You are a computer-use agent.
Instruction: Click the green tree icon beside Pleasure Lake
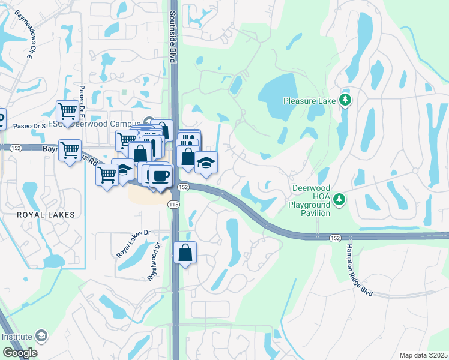tap(345, 100)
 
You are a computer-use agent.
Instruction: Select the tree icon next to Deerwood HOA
tap(339, 198)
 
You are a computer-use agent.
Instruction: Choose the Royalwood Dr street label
tap(154, 262)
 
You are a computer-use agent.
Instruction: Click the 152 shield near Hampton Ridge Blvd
tap(335, 238)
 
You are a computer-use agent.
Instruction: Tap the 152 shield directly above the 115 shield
tap(184, 188)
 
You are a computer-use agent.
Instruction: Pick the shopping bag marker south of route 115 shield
tap(185, 253)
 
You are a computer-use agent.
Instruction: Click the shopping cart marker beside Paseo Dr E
tap(67, 111)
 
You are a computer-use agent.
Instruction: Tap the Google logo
tap(20, 353)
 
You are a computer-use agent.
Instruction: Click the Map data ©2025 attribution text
tap(423, 355)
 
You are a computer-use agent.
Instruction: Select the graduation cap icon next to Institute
tap(41, 336)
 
